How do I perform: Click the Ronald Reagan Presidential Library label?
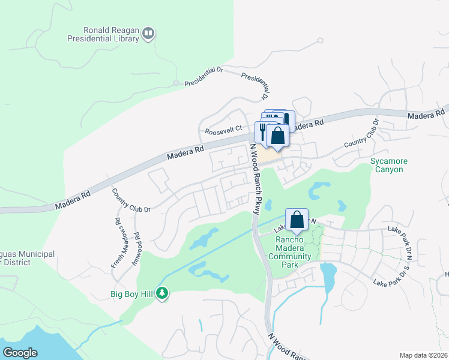pyautogui.click(x=111, y=34)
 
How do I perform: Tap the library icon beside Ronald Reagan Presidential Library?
pyautogui.click(x=148, y=34)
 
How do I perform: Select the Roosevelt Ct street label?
pyautogui.click(x=223, y=129)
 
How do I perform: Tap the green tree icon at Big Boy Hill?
pyautogui.click(x=161, y=293)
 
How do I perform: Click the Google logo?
pyautogui.click(x=20, y=352)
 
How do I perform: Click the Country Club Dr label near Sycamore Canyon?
pyautogui.click(x=362, y=134)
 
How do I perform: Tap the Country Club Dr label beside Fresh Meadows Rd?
pyautogui.click(x=131, y=200)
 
